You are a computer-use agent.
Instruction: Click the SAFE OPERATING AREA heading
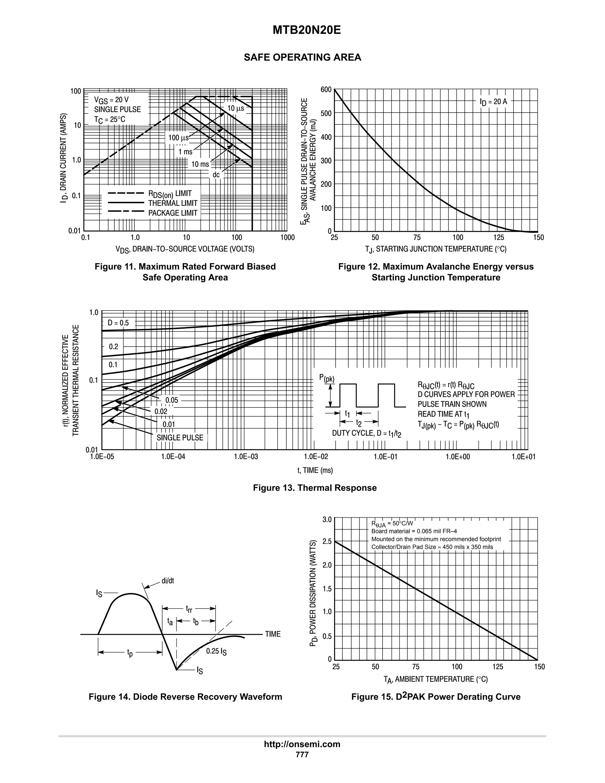(x=302, y=57)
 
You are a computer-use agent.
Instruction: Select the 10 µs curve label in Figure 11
(x=235, y=108)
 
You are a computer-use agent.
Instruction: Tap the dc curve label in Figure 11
(x=216, y=175)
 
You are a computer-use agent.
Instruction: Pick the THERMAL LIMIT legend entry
(x=173, y=203)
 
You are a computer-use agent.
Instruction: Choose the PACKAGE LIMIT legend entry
(x=173, y=213)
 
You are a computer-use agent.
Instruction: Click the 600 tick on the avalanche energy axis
(x=326, y=90)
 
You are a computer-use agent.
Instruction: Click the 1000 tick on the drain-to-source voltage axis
(x=287, y=238)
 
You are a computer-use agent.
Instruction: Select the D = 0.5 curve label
(x=118, y=323)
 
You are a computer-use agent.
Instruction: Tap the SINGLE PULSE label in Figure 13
(x=180, y=438)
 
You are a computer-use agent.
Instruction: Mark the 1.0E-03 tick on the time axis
(x=245, y=457)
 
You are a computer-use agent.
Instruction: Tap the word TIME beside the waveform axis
(x=273, y=634)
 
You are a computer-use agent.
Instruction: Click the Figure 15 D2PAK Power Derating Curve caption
(x=436, y=697)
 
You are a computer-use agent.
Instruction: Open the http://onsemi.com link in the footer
(x=302, y=744)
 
